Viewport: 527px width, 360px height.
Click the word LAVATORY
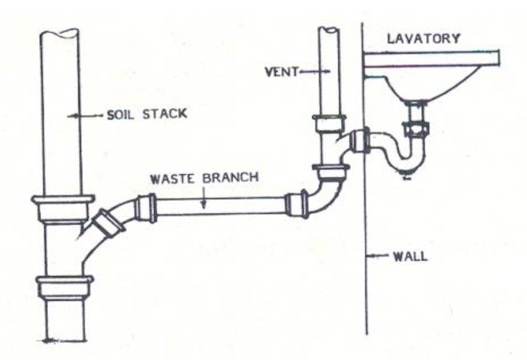[423, 39]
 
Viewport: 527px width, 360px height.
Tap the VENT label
[281, 71]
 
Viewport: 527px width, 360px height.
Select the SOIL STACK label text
[147, 114]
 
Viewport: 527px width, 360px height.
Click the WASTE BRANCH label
[204, 178]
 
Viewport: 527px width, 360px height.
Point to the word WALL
[410, 256]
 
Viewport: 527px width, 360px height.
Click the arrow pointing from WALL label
[377, 256]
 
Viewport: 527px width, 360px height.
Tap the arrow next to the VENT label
[315, 71]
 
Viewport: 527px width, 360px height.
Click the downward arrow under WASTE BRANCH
[203, 197]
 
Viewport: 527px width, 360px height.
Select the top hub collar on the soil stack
[63, 208]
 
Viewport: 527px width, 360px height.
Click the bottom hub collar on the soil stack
[64, 287]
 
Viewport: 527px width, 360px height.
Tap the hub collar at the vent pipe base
[329, 123]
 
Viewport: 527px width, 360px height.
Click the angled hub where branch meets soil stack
[107, 222]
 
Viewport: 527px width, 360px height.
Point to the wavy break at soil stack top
[59, 33]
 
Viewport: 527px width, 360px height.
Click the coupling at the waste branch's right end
[296, 203]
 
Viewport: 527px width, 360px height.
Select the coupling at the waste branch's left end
[146, 208]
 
